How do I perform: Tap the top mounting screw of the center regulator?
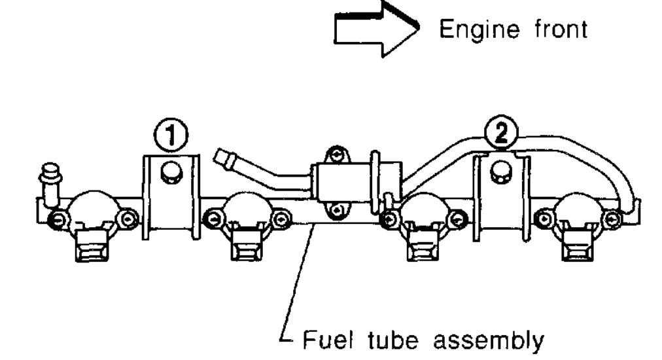pos(335,156)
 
